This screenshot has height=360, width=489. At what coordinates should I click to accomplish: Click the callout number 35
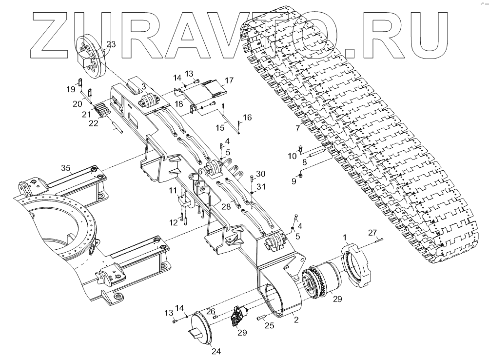[x=66, y=168]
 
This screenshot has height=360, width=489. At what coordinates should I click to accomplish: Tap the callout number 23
[x=111, y=44]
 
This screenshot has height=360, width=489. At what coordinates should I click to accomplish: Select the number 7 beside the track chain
[x=297, y=129]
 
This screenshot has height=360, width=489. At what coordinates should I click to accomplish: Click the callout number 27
[x=372, y=232]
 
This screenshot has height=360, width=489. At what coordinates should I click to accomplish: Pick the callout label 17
[x=229, y=80]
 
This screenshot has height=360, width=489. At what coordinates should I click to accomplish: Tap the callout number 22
[x=94, y=123]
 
